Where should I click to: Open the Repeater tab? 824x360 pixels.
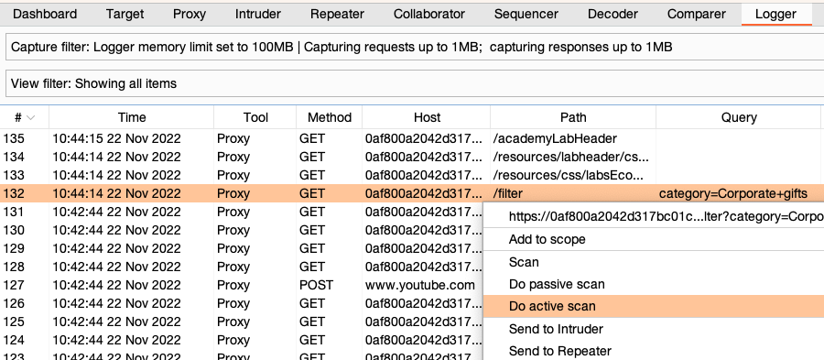pyautogui.click(x=337, y=15)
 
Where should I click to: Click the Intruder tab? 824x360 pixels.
pyautogui.click(x=258, y=15)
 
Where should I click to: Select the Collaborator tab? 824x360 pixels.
pyautogui.click(x=429, y=15)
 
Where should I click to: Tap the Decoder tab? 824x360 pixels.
pyautogui.click(x=613, y=15)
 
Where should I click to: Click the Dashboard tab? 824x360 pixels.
pyautogui.click(x=45, y=15)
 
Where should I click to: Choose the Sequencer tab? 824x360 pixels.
pyautogui.click(x=526, y=15)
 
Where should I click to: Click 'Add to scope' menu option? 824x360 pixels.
pyautogui.click(x=547, y=239)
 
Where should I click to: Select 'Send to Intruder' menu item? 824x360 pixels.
pyautogui.click(x=556, y=329)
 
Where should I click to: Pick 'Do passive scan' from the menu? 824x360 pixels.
pyautogui.click(x=557, y=284)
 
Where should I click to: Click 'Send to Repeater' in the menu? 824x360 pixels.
pyautogui.click(x=559, y=351)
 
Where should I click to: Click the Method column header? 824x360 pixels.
pyautogui.click(x=330, y=117)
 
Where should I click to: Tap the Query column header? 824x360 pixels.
pyautogui.click(x=739, y=117)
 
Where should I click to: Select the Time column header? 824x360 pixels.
pyautogui.click(x=132, y=117)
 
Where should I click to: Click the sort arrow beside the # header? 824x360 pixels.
pyautogui.click(x=32, y=118)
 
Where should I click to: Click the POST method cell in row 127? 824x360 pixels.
pyautogui.click(x=316, y=285)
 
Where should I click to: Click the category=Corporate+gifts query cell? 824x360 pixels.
pyautogui.click(x=733, y=193)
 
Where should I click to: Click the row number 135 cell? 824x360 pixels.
pyautogui.click(x=14, y=138)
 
